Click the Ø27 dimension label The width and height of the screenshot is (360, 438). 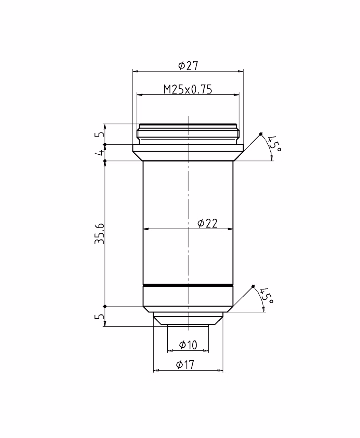click(x=188, y=65)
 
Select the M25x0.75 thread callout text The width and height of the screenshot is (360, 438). click(x=188, y=89)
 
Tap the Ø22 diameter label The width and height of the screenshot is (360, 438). click(x=207, y=223)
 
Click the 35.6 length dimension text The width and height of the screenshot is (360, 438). click(x=99, y=234)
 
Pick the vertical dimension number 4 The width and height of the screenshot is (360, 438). click(x=99, y=153)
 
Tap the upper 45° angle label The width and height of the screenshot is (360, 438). click(x=274, y=144)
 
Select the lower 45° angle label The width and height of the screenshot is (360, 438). click(x=266, y=295)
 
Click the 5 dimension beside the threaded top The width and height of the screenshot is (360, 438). click(x=99, y=134)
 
